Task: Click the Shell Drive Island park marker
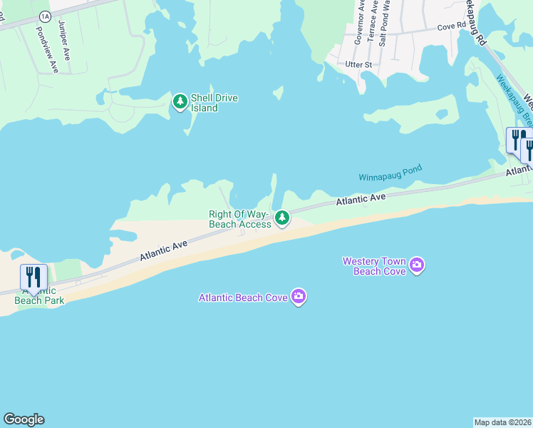[x=180, y=103]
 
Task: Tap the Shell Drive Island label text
[x=214, y=103]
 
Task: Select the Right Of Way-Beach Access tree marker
[x=282, y=218]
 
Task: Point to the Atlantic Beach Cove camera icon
[x=299, y=296]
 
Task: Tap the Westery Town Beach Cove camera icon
[x=417, y=267]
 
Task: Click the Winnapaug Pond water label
[x=390, y=173]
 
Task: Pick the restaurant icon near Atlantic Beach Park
[x=33, y=276]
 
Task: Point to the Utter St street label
[x=358, y=65]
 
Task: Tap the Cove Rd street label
[x=451, y=26]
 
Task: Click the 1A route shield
[x=46, y=15]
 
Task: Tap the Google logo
[x=24, y=419]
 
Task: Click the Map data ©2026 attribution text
[x=502, y=422]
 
